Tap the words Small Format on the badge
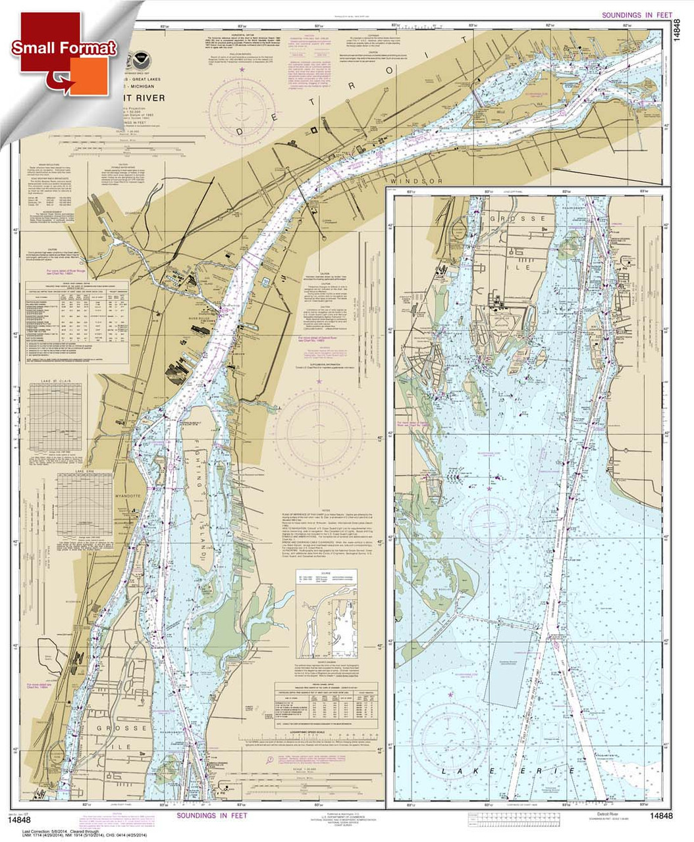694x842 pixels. coord(64,47)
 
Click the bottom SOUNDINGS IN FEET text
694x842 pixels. coord(211,816)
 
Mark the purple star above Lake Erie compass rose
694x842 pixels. coord(451,695)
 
